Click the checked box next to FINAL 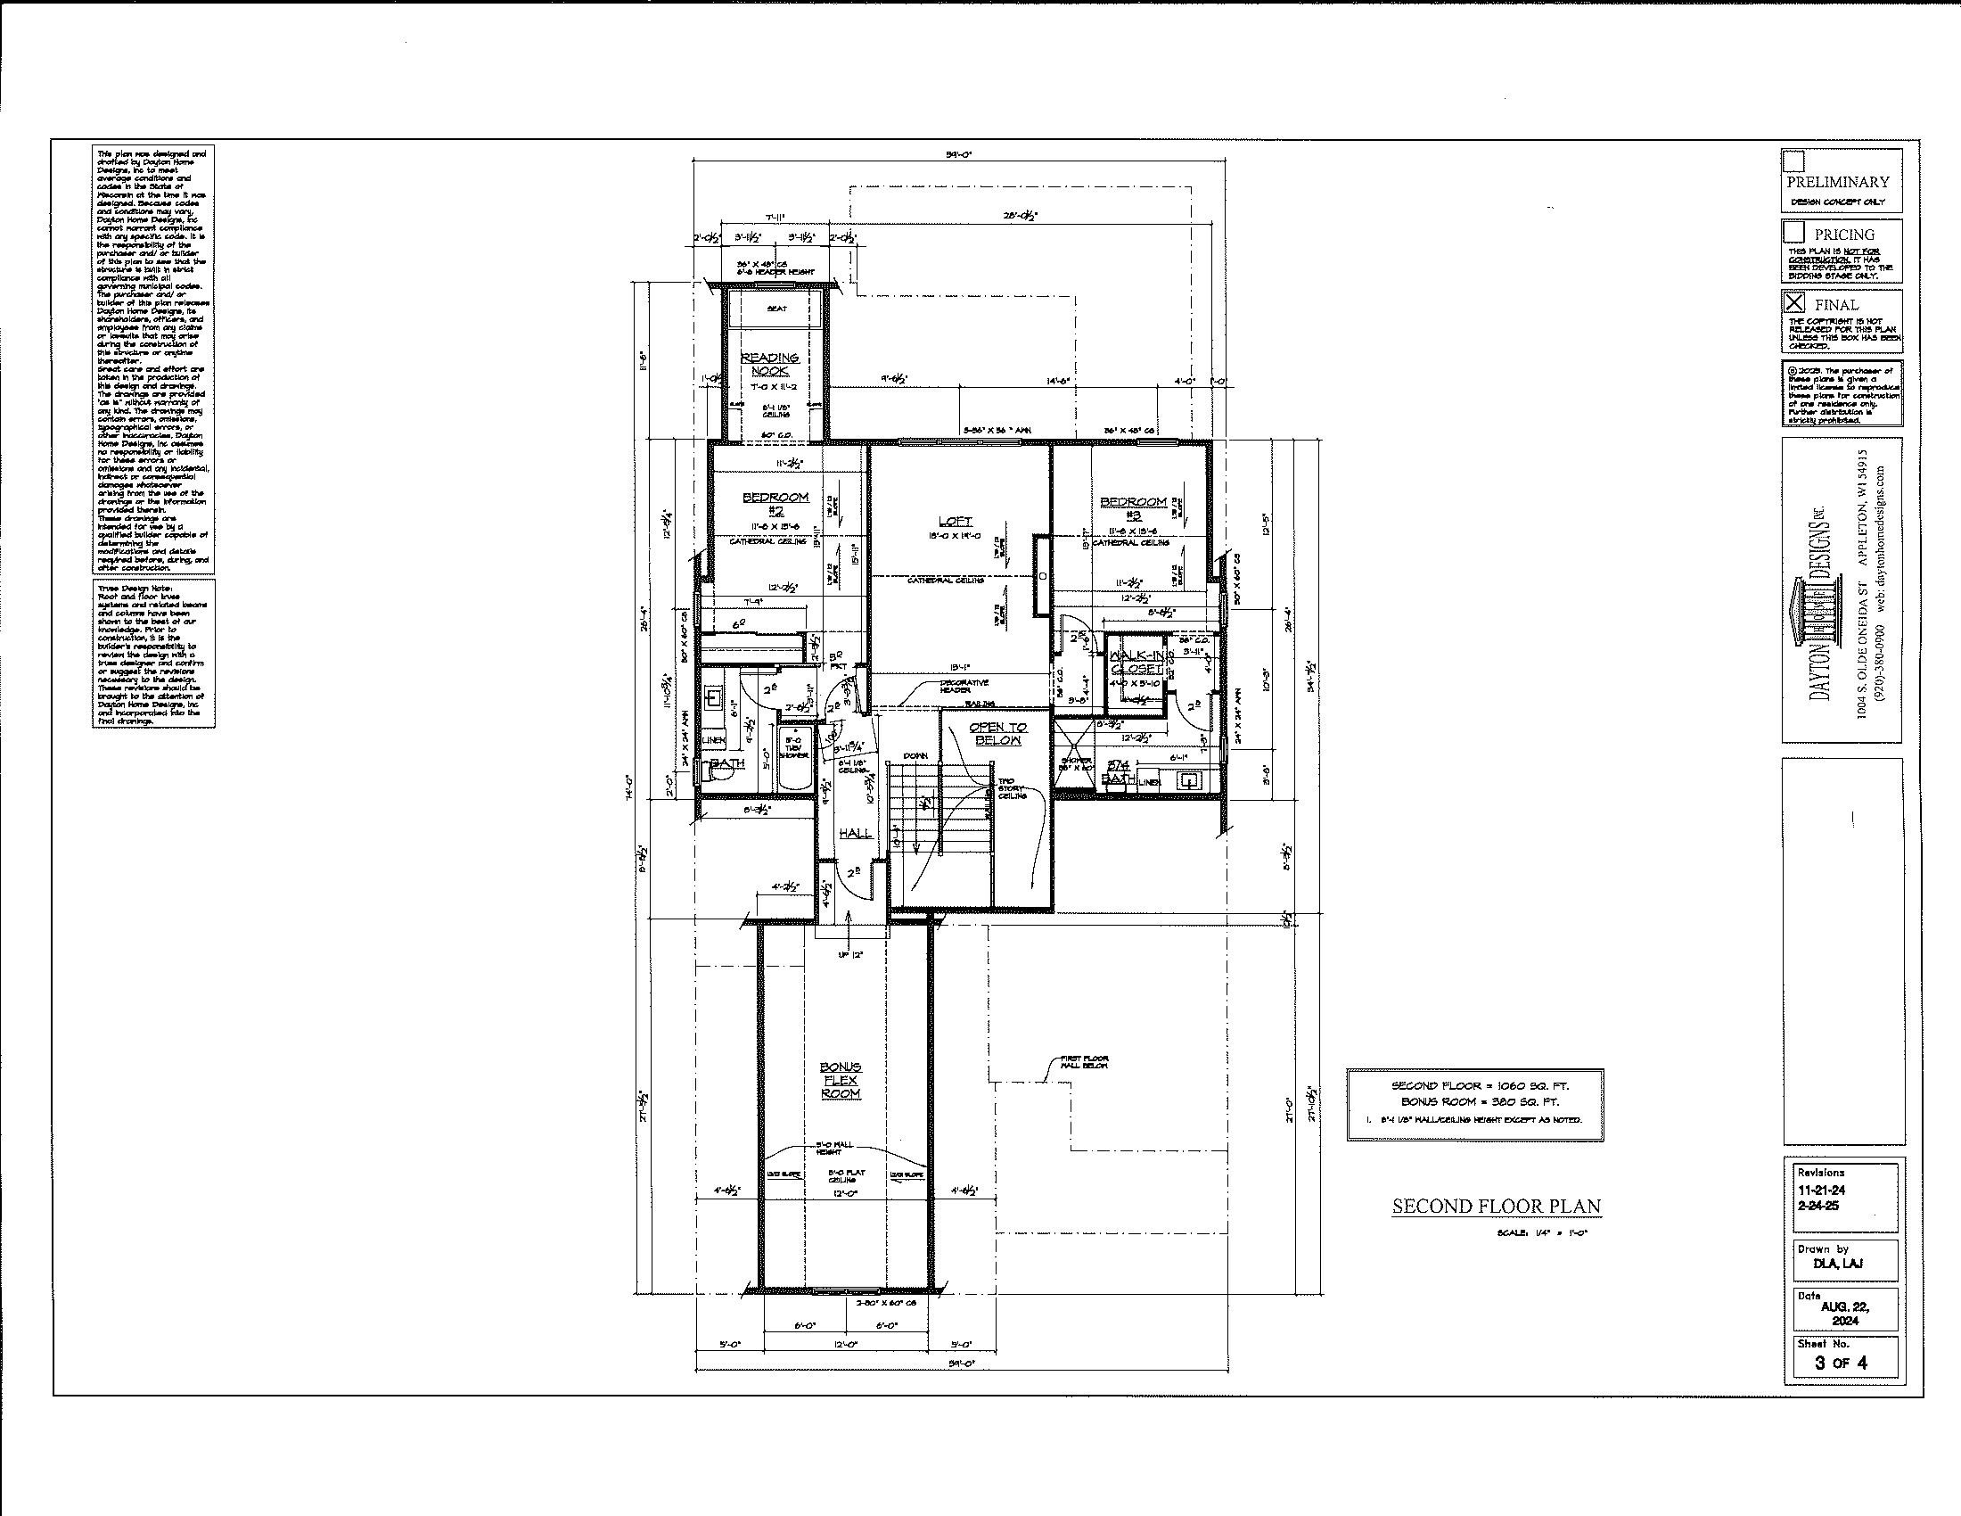tap(1794, 302)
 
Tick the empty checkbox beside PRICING tap(1794, 232)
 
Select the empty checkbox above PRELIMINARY tap(1793, 161)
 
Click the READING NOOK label tap(768, 364)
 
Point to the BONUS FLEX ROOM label tap(841, 1081)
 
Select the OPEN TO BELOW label tap(997, 734)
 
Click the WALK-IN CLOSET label tap(1136, 661)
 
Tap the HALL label tap(855, 834)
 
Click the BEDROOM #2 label tap(775, 503)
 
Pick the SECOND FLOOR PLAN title tap(1496, 1207)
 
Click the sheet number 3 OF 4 tap(1841, 1363)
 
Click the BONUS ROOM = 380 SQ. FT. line tap(1474, 1101)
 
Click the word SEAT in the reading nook tap(776, 309)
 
